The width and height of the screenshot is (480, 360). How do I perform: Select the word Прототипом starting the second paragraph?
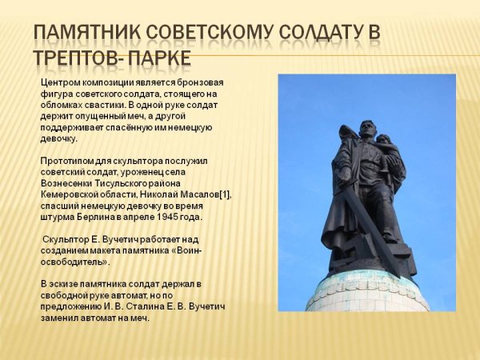coord(68,161)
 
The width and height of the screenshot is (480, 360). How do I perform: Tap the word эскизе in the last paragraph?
coord(65,284)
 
